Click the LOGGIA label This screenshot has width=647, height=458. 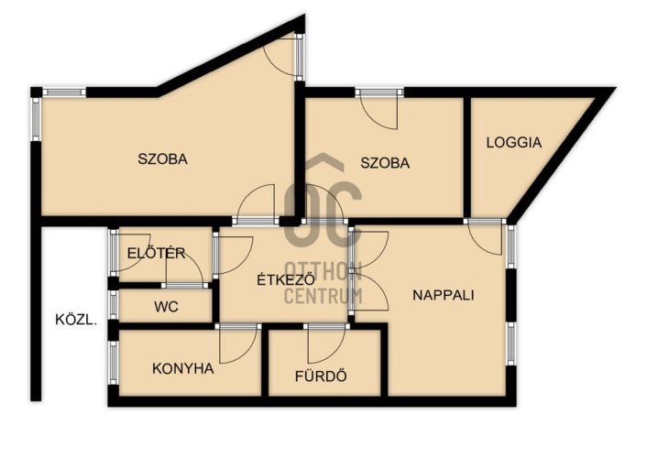(x=514, y=142)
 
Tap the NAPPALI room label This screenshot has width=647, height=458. (x=444, y=296)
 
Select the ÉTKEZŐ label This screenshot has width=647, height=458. (x=286, y=279)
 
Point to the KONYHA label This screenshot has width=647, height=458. (x=183, y=368)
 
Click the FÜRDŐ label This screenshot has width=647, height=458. (x=321, y=376)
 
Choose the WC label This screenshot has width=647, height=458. (x=166, y=307)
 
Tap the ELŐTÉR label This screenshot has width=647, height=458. (x=156, y=253)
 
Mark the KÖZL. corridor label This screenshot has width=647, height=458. (x=76, y=320)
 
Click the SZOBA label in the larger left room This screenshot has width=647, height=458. (x=162, y=158)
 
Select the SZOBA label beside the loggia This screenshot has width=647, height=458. (x=385, y=163)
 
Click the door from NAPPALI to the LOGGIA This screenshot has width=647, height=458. (x=486, y=237)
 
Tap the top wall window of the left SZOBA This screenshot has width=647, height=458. (x=64, y=92)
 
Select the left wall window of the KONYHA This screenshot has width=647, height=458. (x=113, y=362)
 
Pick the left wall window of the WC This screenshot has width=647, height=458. (x=113, y=304)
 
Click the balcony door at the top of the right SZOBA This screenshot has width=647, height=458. (x=379, y=108)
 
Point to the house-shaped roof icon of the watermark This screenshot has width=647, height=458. (x=323, y=162)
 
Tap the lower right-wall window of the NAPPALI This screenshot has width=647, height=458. (x=511, y=343)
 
